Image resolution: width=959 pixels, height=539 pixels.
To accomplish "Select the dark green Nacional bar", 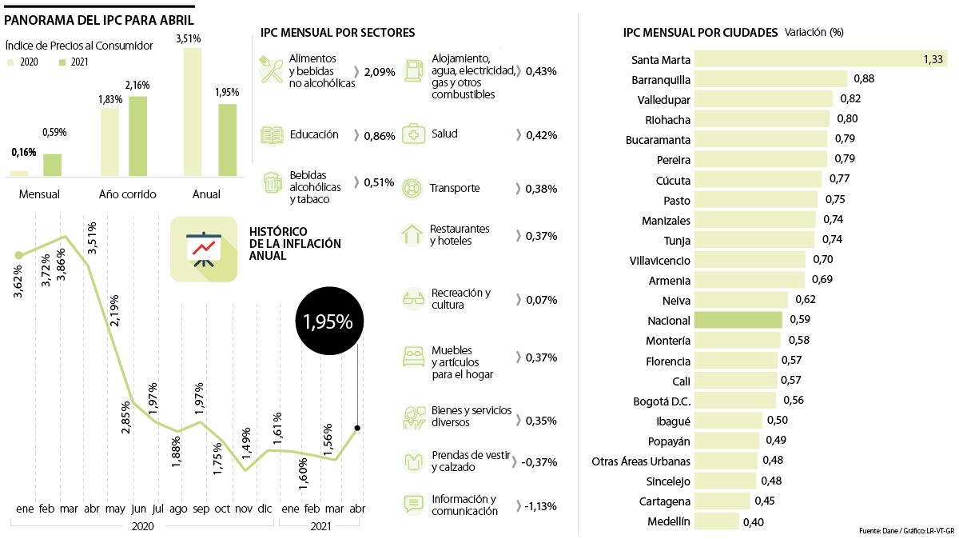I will coord(738,320).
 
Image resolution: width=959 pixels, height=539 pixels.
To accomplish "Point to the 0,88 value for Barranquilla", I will coord(864,78).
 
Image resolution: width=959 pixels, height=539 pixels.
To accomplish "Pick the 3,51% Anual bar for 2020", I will coord(193,111).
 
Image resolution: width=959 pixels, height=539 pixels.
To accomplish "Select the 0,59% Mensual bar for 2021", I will coord(53,164).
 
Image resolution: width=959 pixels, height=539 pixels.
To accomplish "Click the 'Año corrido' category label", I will coord(127,194).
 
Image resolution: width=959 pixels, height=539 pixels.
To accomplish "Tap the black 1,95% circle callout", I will coord(328,321).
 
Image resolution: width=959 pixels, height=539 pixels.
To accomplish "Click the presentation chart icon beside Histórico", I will coord(204,250).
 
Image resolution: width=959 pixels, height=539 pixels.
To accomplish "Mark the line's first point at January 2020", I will coord(19,255).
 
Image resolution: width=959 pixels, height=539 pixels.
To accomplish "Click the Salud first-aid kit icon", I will coord(413,134).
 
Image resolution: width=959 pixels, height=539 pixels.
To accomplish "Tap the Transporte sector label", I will coord(455,189).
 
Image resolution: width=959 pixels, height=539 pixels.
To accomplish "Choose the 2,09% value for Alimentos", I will coord(380,72).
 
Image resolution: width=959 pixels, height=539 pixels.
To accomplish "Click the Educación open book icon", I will coord(272,135).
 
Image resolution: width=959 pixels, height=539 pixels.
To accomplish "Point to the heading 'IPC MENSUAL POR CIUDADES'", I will coord(700,33).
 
